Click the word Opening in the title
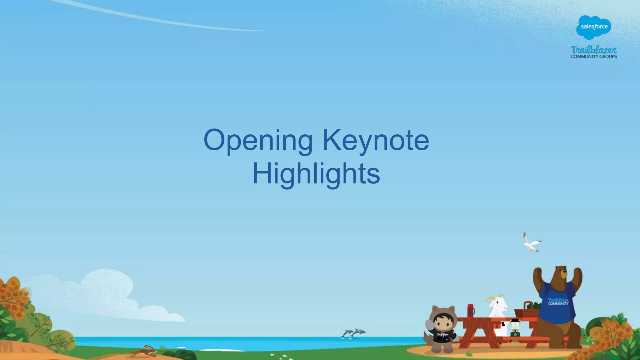click(258, 140)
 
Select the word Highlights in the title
click(316, 174)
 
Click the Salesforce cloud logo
click(594, 27)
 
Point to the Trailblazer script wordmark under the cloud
click(593, 50)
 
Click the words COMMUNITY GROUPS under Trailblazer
click(594, 57)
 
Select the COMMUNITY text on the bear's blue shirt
click(558, 303)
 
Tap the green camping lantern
click(514, 328)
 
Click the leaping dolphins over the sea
click(354, 333)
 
